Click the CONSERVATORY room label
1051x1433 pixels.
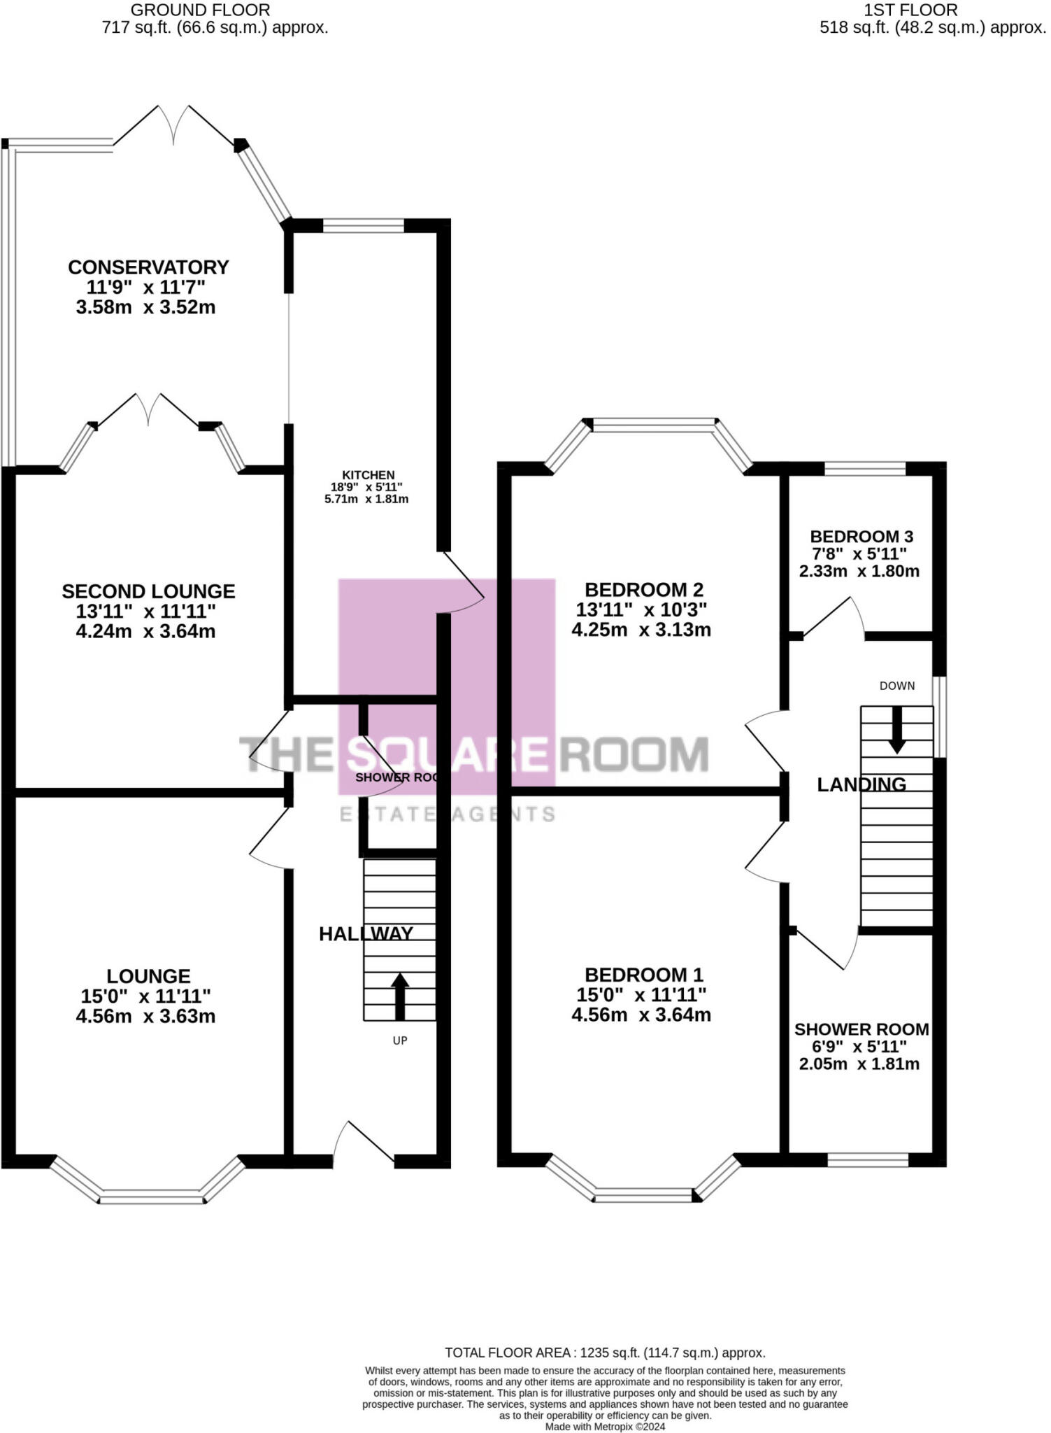coord(148,267)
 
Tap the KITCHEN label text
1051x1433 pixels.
coord(369,475)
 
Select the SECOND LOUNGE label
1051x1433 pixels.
coord(148,591)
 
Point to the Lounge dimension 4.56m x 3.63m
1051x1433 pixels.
coord(146,1016)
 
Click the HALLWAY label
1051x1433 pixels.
coord(366,933)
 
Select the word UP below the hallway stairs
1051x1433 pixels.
coord(399,1040)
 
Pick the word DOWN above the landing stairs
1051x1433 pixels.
coord(896,686)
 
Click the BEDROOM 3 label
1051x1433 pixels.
coord(861,537)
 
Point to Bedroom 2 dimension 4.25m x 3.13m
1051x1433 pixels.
coord(641,630)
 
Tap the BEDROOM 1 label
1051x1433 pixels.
coord(643,975)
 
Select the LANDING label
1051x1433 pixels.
coord(861,784)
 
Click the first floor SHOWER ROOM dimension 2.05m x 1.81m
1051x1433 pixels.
coord(859,1064)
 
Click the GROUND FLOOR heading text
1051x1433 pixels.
coord(200,10)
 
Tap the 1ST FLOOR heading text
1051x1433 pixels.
coord(910,10)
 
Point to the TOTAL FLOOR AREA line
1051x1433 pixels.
coord(605,1353)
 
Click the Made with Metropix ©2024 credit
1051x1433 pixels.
coord(605,1426)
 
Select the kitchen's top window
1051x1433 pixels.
coord(364,226)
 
